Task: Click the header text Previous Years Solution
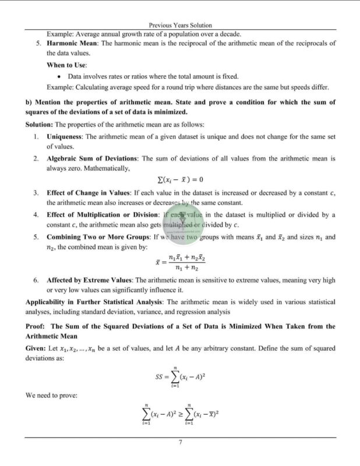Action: click(x=180, y=26)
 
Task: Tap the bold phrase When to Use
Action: click(x=66, y=65)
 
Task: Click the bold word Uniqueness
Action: click(x=65, y=136)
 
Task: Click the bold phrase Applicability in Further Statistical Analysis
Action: click(x=95, y=302)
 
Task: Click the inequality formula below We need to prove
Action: click(x=180, y=413)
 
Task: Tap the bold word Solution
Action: click(x=39, y=125)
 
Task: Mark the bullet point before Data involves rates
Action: click(x=61, y=76)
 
